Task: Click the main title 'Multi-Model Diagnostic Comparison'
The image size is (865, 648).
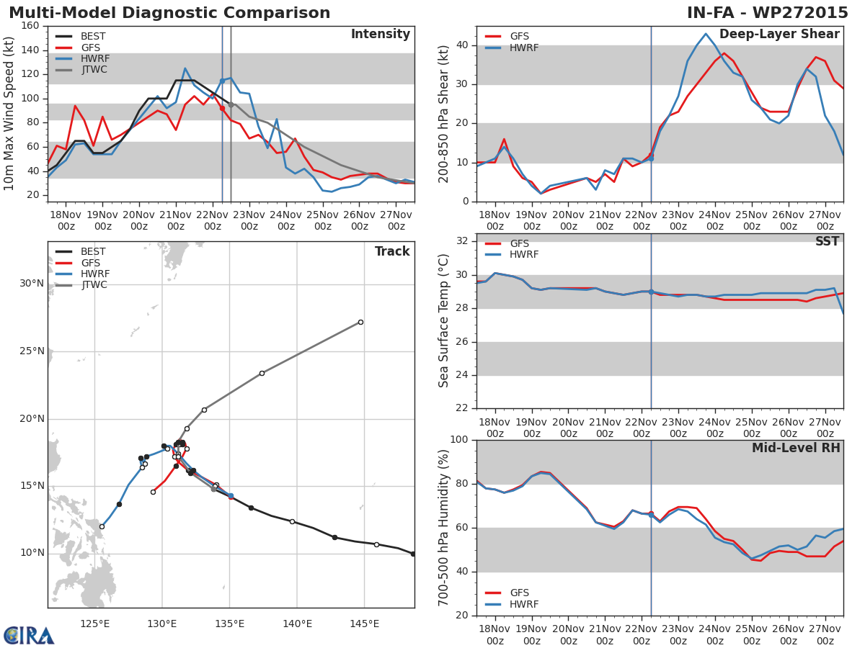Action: [x=169, y=13]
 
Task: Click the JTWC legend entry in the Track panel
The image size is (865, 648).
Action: [x=94, y=285]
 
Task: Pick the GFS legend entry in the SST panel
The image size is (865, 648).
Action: [x=519, y=244]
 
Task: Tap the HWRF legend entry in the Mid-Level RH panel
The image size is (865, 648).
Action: [x=523, y=604]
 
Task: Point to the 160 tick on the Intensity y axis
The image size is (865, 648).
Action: [x=31, y=26]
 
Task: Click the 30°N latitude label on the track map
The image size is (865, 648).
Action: [x=32, y=284]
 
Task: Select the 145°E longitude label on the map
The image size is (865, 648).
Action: [x=364, y=624]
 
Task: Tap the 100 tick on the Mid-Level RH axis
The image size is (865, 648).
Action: [x=458, y=440]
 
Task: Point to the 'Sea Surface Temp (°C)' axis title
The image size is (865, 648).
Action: [x=444, y=321]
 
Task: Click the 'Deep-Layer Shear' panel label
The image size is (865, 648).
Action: [x=779, y=35]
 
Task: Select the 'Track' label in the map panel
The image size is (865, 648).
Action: [x=392, y=251]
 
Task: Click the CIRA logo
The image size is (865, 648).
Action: [x=29, y=635]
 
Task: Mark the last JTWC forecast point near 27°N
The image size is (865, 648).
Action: [x=360, y=322]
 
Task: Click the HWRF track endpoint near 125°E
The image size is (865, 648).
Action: [x=102, y=526]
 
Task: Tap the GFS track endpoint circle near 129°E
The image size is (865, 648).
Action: [x=153, y=492]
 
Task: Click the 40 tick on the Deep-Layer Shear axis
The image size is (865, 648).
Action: [x=461, y=45]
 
